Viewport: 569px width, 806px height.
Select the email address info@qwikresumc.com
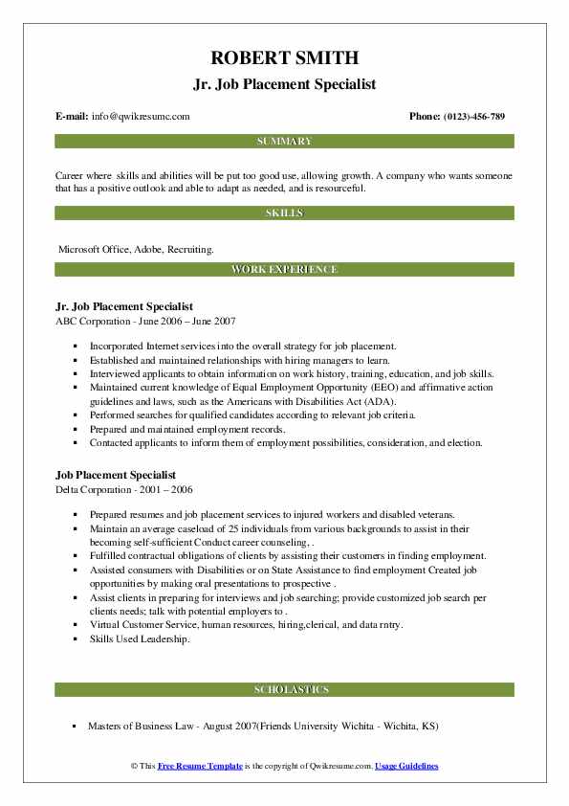tap(141, 117)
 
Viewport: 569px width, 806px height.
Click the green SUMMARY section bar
tap(284, 142)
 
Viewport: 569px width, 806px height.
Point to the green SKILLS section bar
tap(284, 213)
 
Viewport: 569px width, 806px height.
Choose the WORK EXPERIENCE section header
tap(284, 270)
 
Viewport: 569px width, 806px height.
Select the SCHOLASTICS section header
tap(284, 689)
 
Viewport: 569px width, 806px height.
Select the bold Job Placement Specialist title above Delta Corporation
tap(116, 475)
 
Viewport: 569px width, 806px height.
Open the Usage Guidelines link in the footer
tap(406, 767)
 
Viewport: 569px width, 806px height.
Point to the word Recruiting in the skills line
tap(190, 249)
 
